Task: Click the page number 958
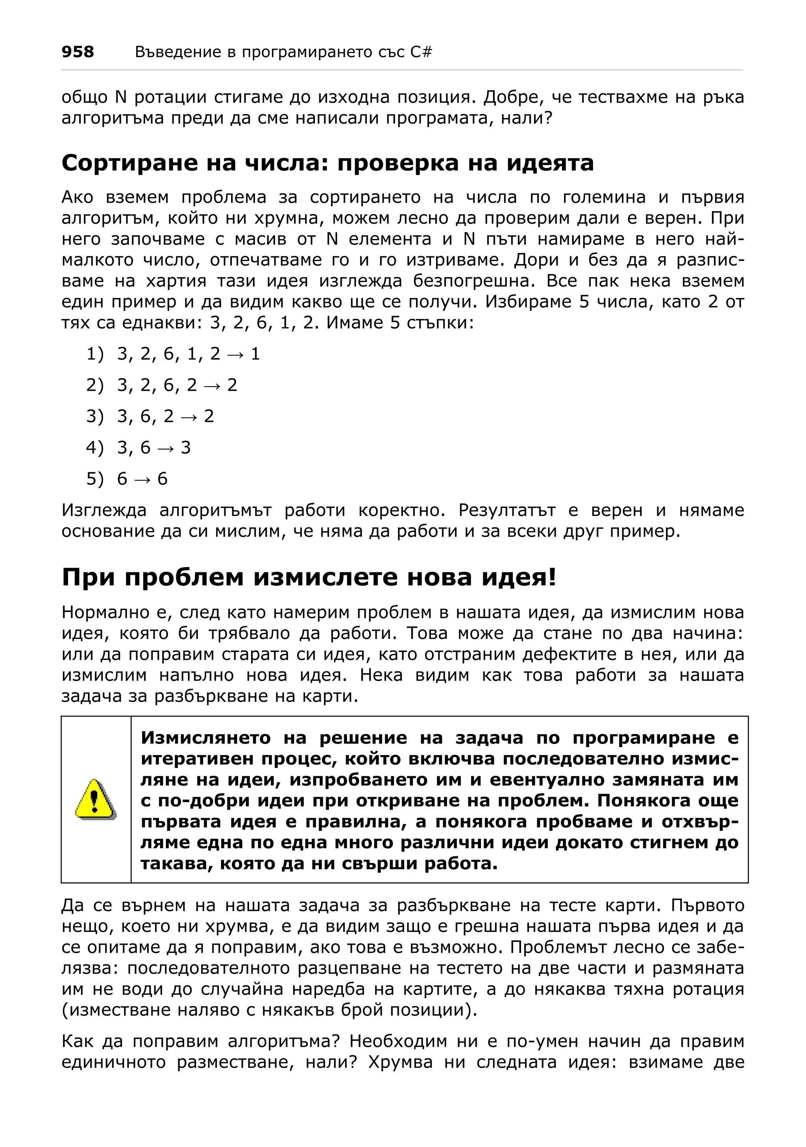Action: pyautogui.click(x=78, y=52)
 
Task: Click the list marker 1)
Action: pyautogui.click(x=95, y=354)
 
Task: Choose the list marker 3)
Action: pyautogui.click(x=95, y=416)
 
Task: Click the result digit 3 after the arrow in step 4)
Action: pyautogui.click(x=186, y=448)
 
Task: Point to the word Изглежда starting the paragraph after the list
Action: pyautogui.click(x=104, y=511)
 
